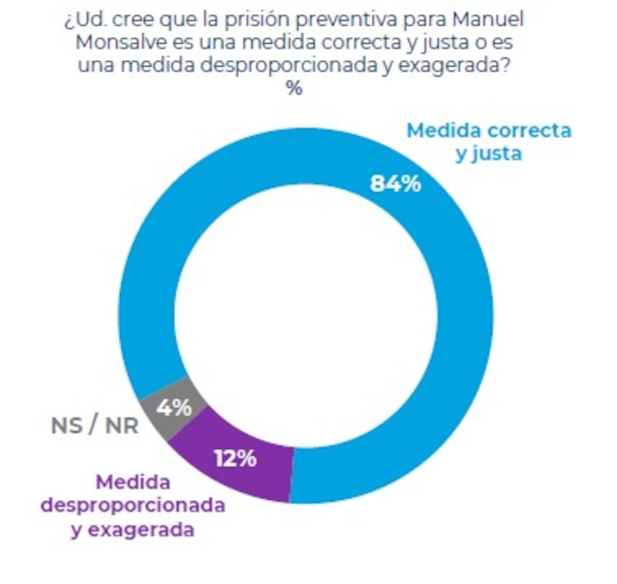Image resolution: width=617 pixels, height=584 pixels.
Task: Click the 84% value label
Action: (394, 185)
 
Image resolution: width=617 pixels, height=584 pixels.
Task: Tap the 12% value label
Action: (235, 458)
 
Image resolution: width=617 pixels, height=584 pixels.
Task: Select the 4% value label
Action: (174, 408)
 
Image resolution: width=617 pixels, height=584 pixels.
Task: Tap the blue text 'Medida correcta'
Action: (489, 130)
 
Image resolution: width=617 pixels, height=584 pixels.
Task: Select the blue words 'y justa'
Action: (489, 154)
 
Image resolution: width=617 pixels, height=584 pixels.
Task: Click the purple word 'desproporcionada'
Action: (133, 505)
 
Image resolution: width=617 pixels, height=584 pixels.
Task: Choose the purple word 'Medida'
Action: (133, 483)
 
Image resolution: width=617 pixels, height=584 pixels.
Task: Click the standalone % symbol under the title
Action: (294, 88)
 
